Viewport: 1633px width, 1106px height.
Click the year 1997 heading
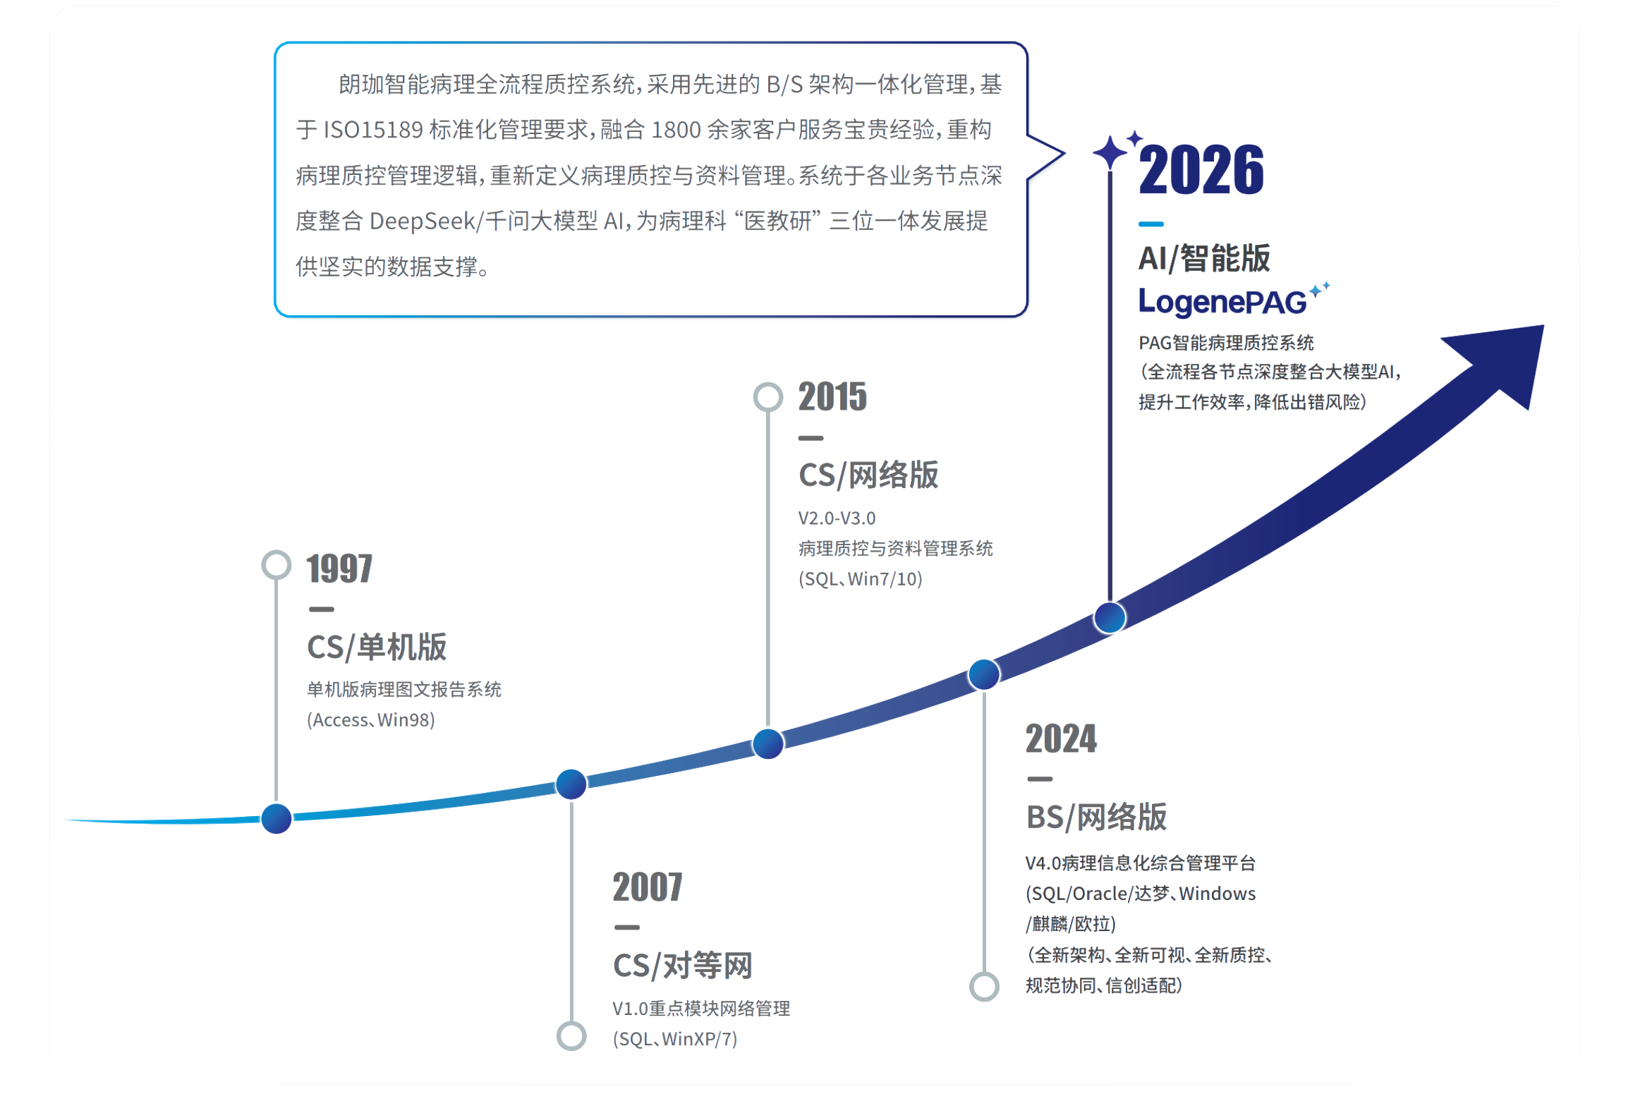339,569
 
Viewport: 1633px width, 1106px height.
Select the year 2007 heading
648,887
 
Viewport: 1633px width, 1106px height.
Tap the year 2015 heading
832,396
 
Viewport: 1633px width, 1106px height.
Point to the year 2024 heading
1061,739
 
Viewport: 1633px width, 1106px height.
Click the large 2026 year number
1201,169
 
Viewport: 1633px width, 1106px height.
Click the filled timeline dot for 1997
277,818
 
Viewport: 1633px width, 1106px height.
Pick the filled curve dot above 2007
571,784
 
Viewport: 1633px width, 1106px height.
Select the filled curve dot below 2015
768,743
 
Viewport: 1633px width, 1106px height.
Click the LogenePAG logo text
1222,302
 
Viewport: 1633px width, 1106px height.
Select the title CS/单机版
377,647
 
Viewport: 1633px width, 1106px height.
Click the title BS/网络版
1097,817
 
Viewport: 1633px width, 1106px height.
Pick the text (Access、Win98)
371,719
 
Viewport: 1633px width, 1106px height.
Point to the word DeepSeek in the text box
423,221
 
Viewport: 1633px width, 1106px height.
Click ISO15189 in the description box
372,130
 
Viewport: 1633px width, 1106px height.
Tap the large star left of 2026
1110,152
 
